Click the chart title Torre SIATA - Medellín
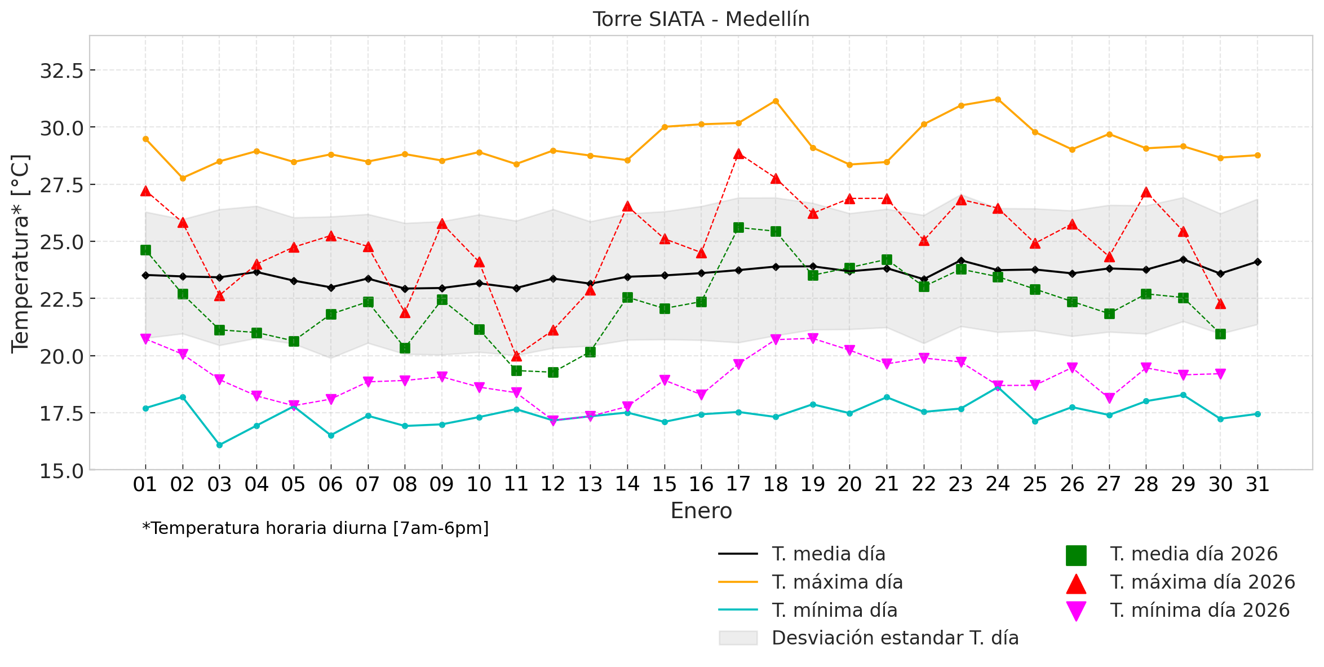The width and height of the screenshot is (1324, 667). tap(701, 20)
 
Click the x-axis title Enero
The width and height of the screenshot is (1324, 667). tap(701, 511)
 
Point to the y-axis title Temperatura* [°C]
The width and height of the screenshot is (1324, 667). tap(20, 254)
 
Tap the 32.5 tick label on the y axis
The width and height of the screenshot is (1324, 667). tap(61, 71)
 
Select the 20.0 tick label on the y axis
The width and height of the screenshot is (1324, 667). tap(61, 356)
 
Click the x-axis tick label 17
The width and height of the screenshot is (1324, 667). tap(738, 484)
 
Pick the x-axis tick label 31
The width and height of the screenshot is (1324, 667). tap(1257, 484)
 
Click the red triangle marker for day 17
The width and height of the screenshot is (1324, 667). tap(738, 154)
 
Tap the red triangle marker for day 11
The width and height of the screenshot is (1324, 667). tap(516, 356)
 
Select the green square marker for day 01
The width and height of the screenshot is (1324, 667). tap(145, 250)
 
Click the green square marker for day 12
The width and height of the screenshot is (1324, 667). tap(553, 372)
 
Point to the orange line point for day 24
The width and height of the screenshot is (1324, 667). tap(998, 99)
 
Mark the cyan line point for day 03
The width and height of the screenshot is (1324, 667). tap(219, 445)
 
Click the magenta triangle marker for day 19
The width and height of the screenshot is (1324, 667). tap(813, 338)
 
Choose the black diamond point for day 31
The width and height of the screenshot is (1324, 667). tap(1257, 262)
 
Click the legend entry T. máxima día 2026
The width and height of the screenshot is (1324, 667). tap(1202, 582)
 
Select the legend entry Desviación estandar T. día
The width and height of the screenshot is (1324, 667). tap(895, 638)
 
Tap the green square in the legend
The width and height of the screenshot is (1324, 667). tap(1075, 555)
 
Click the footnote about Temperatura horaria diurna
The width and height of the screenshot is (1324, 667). tap(315, 528)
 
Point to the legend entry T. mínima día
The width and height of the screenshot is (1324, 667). tap(834, 610)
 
